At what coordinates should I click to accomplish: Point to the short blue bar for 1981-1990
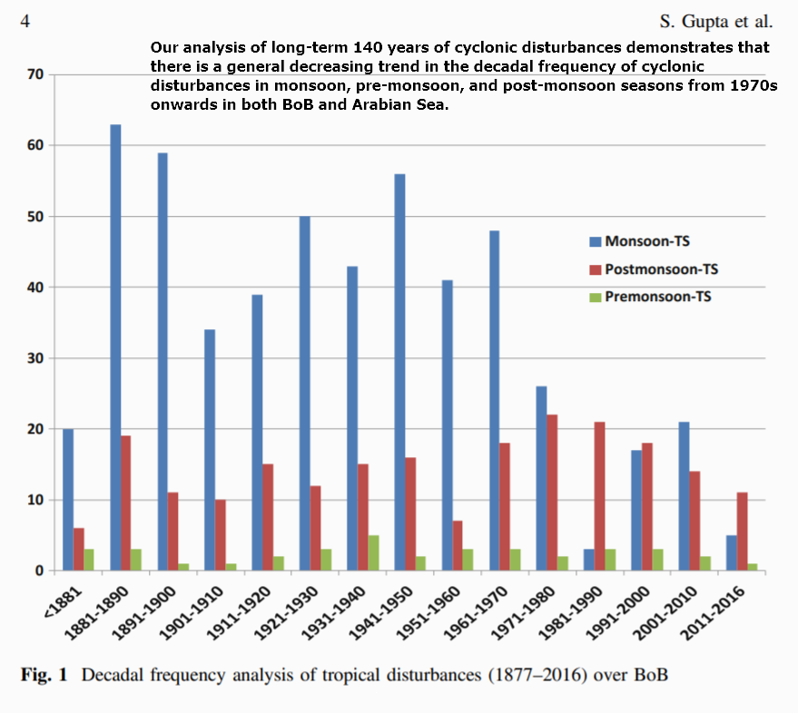tap(587, 560)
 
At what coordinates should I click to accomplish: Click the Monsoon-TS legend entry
tap(639, 242)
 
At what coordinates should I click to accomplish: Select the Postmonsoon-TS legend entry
tap(653, 269)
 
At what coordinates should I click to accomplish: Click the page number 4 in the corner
tap(25, 20)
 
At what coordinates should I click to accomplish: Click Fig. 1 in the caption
tap(45, 677)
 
